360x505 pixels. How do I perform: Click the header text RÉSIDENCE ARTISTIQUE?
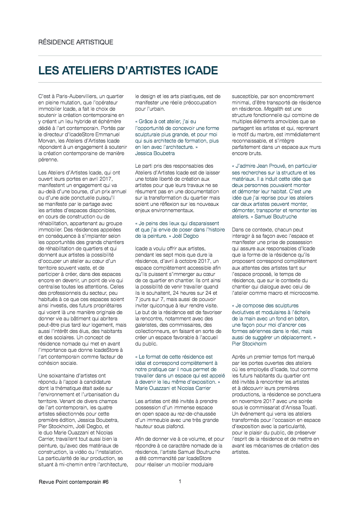point(76,42)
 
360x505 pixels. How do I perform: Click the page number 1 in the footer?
point(180,481)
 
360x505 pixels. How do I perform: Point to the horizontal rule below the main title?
point(180,82)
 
